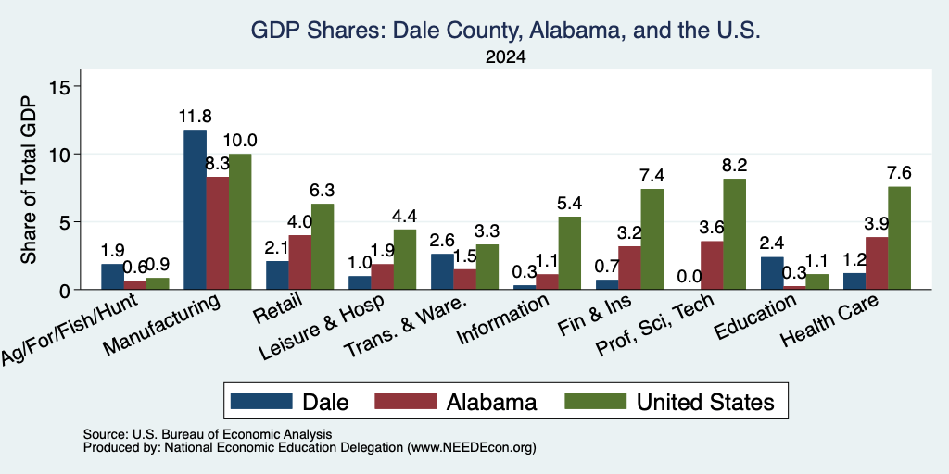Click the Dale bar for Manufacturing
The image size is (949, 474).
[x=195, y=210]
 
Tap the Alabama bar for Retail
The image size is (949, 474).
[x=299, y=262]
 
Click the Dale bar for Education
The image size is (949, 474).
[x=772, y=273]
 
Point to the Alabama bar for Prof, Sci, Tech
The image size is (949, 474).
[x=712, y=266]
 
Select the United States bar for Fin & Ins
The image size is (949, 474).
[x=652, y=240]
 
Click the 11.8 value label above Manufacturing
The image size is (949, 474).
[x=195, y=117]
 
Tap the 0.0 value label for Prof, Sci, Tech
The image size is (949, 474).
[x=690, y=276]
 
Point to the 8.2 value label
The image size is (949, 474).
[x=735, y=165]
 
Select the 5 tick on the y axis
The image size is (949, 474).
[x=67, y=222]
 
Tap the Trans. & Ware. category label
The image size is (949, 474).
[x=406, y=328]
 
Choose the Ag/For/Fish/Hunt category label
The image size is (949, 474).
[x=70, y=331]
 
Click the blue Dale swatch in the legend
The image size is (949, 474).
[x=261, y=401]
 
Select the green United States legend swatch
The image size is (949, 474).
[x=595, y=401]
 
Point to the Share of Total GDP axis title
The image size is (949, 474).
[x=29, y=180]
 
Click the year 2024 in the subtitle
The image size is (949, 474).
[x=505, y=57]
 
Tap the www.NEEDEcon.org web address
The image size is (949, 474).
[x=472, y=448]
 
